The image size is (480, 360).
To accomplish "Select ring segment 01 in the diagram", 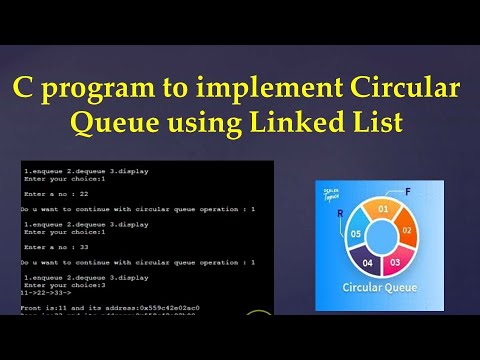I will [x=381, y=209].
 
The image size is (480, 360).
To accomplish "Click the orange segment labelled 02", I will [x=405, y=229].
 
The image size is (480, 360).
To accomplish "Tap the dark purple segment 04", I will [x=367, y=262].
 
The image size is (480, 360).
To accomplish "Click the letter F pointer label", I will [x=407, y=190].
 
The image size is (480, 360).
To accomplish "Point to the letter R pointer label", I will [x=341, y=213].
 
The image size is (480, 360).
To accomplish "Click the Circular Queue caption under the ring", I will [x=381, y=290].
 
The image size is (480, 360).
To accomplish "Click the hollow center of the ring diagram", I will [x=381, y=237].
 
